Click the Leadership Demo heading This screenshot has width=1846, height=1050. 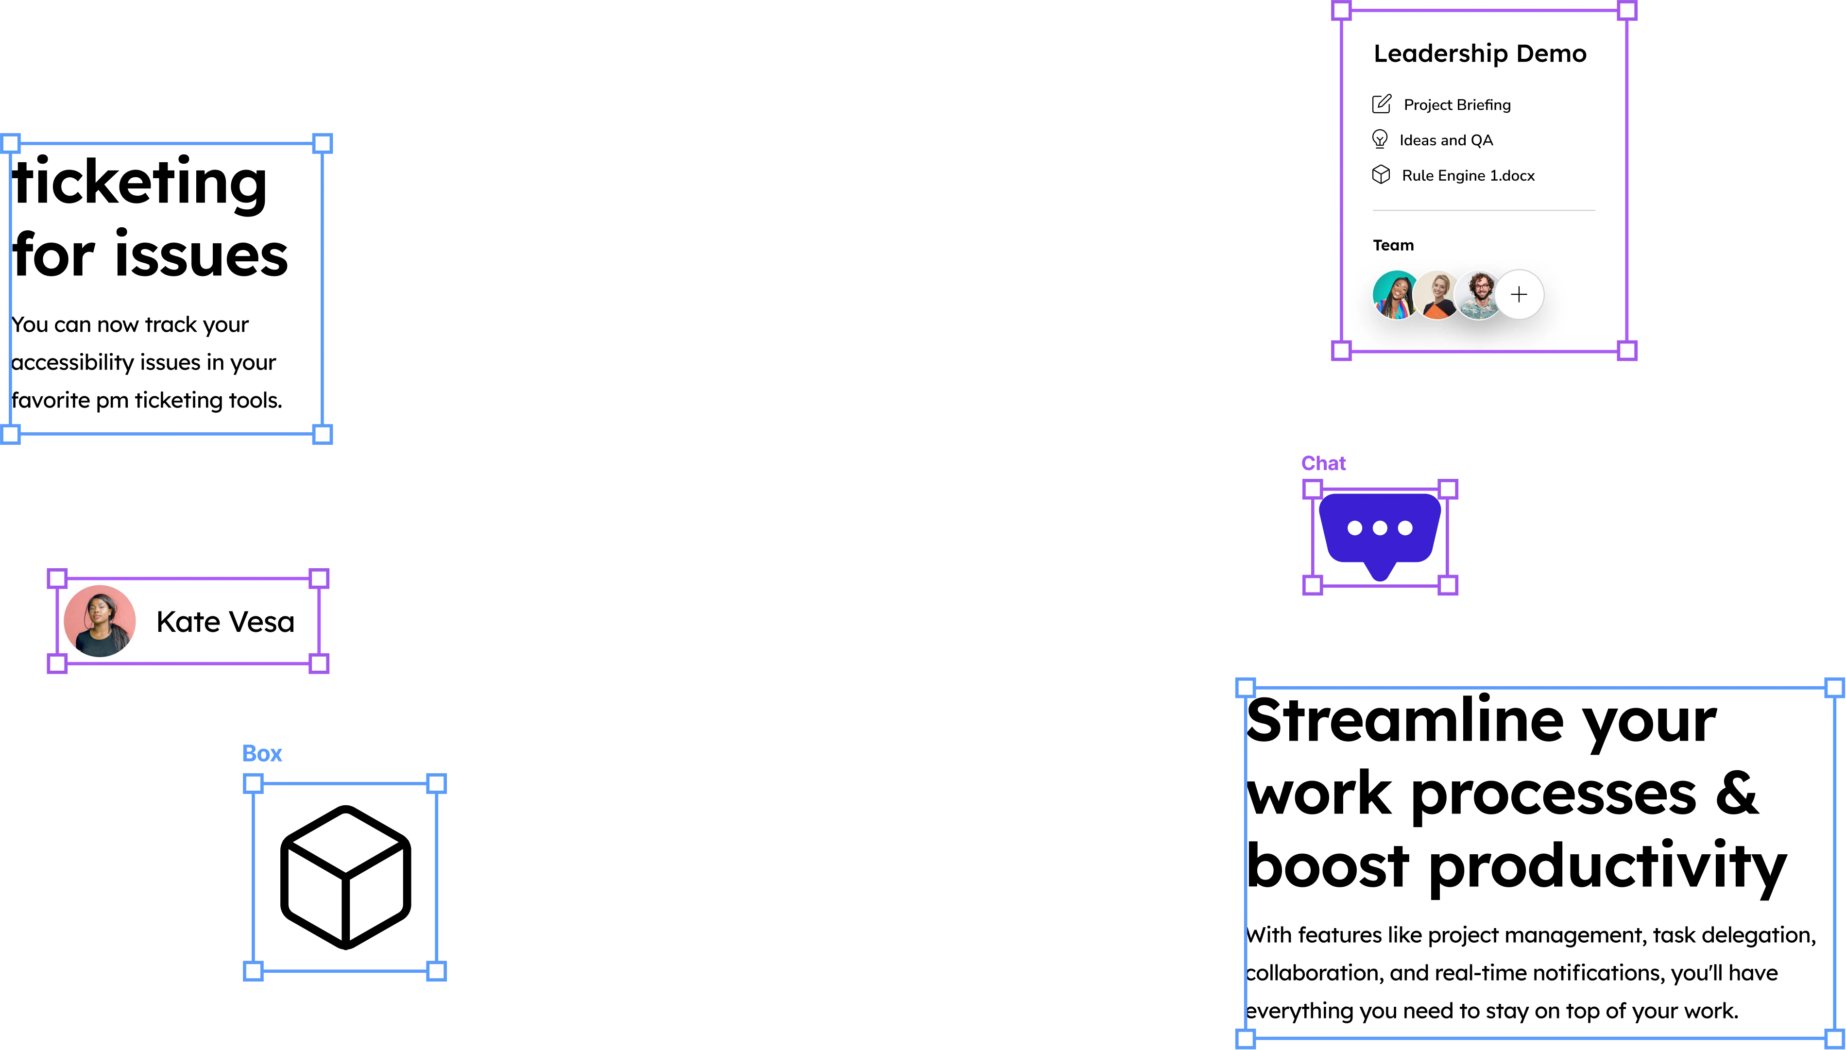(x=1480, y=53)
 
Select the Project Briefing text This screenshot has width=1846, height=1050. (x=1456, y=104)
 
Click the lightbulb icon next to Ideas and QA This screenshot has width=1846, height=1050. (x=1379, y=139)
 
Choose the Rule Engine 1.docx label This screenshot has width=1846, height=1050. (x=1468, y=175)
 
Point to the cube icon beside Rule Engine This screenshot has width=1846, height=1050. (x=1381, y=174)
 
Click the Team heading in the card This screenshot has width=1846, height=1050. (x=1393, y=245)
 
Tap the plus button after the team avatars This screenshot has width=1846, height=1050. (x=1519, y=294)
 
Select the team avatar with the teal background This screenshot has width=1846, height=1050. (x=1395, y=295)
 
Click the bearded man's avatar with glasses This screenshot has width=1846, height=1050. (x=1479, y=295)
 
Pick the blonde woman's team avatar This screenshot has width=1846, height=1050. (x=1437, y=295)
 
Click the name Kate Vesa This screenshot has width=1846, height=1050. (x=225, y=622)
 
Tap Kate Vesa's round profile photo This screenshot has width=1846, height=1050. (x=100, y=621)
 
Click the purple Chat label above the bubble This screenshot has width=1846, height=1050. (x=1324, y=463)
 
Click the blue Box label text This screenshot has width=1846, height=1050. (x=262, y=752)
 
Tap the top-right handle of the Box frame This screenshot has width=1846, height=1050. (x=436, y=784)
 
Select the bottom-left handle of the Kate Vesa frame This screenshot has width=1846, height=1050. (x=58, y=663)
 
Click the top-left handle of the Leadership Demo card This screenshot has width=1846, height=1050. (x=1340, y=11)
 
